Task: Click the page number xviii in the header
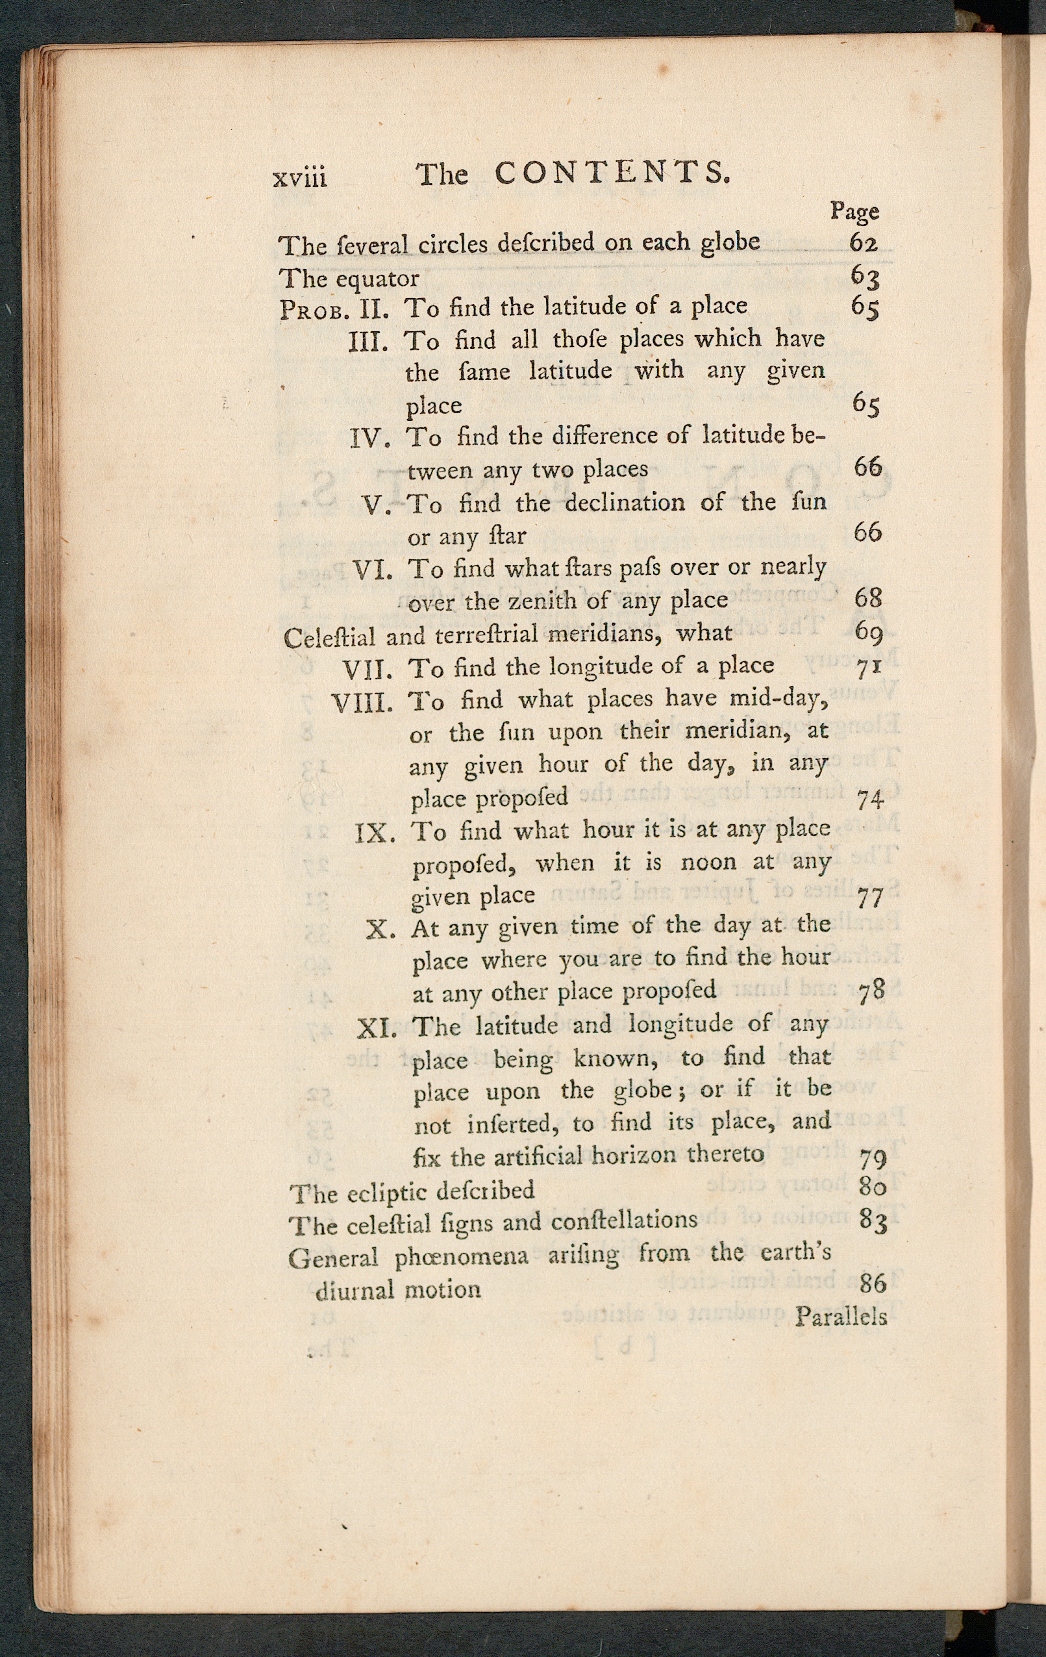pyautogui.click(x=300, y=178)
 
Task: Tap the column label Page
pyautogui.click(x=854, y=210)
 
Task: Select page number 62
pyautogui.click(x=864, y=242)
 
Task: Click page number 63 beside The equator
pyautogui.click(x=864, y=277)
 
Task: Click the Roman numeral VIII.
pyautogui.click(x=362, y=703)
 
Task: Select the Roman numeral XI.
pyautogui.click(x=377, y=1029)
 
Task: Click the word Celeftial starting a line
pyautogui.click(x=329, y=638)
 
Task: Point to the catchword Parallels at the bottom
pyautogui.click(x=841, y=1317)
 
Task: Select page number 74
pyautogui.click(x=870, y=799)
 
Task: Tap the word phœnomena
pyautogui.click(x=462, y=1256)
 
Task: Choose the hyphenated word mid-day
pyautogui.click(x=777, y=699)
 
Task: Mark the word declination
pyautogui.click(x=625, y=502)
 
